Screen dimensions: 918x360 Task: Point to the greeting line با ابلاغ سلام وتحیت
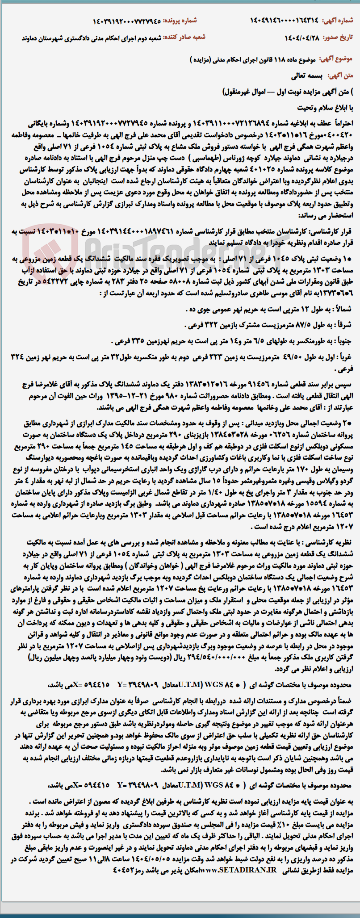click(x=326, y=108)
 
